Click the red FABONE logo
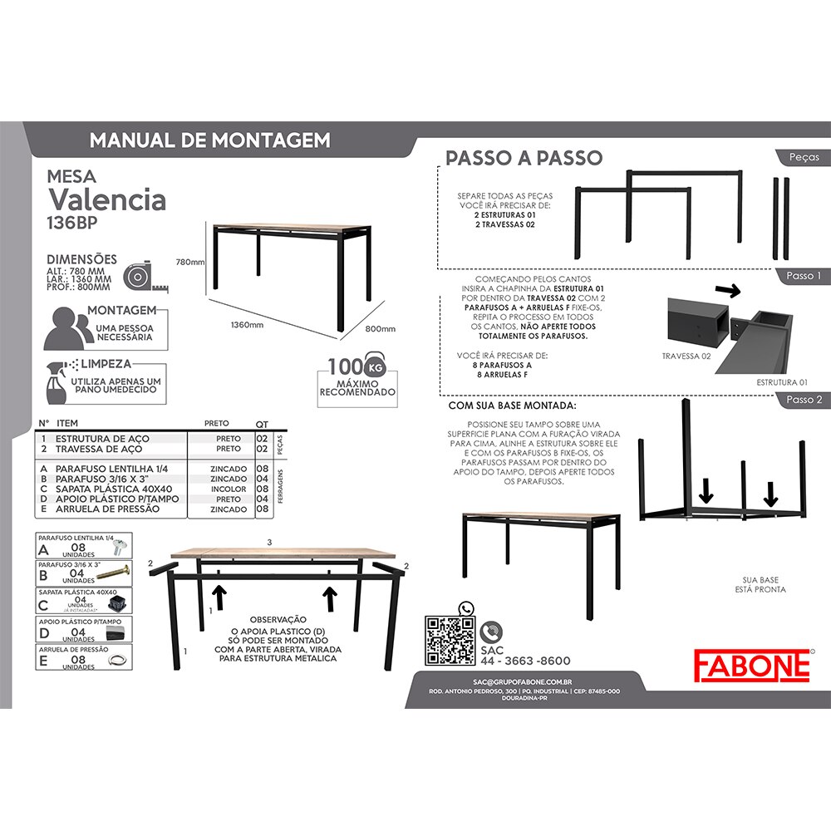tap(753, 664)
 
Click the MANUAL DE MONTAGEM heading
tap(209, 140)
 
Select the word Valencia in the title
tap(107, 199)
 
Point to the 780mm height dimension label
tap(190, 262)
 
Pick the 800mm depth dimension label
tap(381, 328)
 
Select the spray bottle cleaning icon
tap(57, 385)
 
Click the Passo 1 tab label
tap(803, 276)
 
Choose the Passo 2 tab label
tap(803, 399)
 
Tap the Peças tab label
tap(804, 156)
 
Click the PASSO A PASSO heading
tap(524, 158)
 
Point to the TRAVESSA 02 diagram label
tap(686, 356)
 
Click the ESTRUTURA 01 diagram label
tap(782, 381)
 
